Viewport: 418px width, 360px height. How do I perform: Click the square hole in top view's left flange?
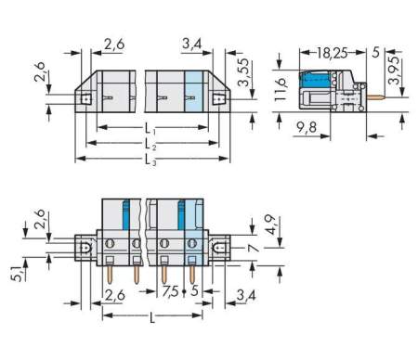(x=84, y=96)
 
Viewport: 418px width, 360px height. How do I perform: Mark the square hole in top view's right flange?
(x=221, y=96)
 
